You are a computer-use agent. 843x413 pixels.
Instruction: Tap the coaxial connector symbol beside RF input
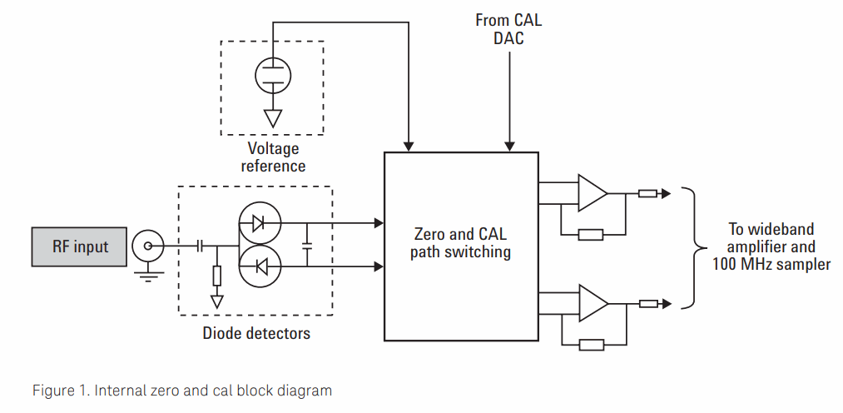point(150,246)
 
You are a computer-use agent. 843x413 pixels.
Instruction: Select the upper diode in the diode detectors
point(259,223)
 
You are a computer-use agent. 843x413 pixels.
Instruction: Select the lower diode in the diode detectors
point(259,267)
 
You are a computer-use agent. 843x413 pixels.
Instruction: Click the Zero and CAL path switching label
point(460,242)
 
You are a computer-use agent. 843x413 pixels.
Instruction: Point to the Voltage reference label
point(272,157)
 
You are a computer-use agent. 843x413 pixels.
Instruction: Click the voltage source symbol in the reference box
point(271,74)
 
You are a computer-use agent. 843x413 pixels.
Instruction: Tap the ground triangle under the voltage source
point(271,117)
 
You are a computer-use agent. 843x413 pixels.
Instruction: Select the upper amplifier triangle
point(592,193)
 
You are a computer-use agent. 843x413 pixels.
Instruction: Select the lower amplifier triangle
point(592,303)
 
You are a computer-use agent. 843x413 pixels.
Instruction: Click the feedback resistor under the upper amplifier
point(590,234)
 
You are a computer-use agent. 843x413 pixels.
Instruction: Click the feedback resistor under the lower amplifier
point(590,344)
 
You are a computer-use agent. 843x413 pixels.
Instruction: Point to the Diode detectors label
point(256,334)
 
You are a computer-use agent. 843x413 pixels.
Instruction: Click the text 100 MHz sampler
point(771,265)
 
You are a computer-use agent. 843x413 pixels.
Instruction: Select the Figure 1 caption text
point(181,390)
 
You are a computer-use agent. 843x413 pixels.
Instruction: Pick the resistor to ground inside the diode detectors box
point(216,276)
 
